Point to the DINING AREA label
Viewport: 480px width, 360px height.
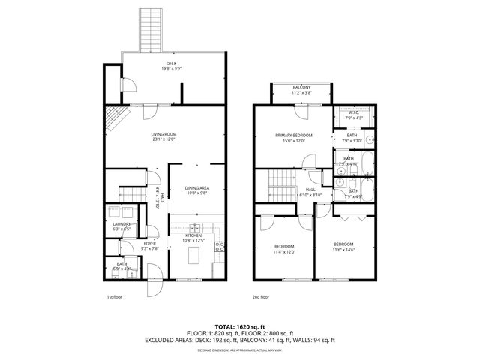(197, 187)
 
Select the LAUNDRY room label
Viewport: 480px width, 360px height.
(122, 223)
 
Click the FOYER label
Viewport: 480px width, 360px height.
(150, 244)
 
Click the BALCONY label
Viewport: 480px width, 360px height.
(301, 88)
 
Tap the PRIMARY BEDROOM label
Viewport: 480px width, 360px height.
(293, 135)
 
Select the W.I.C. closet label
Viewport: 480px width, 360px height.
(353, 112)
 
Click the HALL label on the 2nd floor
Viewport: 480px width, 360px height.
(310, 190)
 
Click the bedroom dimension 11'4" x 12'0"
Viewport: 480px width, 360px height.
(284, 252)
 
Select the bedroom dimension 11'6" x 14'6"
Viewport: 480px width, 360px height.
(343, 250)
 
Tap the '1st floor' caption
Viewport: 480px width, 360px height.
(114, 296)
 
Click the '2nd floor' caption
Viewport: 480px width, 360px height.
(260, 296)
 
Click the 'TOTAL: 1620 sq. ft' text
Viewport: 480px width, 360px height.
(240, 326)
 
